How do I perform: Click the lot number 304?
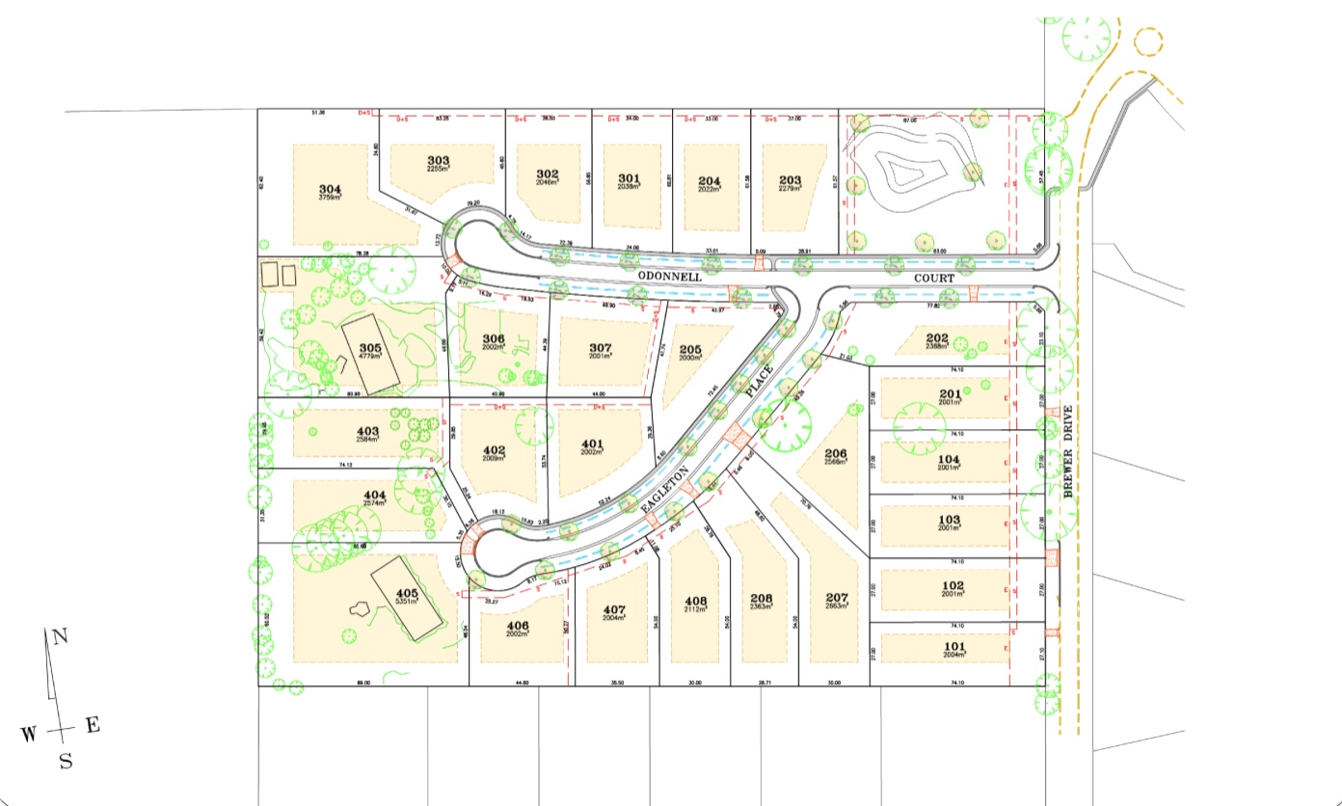coord(329,190)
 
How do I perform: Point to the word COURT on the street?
coord(934,278)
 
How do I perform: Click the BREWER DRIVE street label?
coord(1067,452)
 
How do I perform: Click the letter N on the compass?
coord(60,636)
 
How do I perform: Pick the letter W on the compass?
coord(29,735)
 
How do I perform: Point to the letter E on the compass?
coord(93,726)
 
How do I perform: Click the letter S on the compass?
coord(66,762)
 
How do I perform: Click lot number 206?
coord(835,453)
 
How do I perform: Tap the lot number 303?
coord(439,160)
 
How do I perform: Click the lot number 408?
coord(695,601)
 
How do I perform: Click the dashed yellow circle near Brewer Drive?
coord(1148,41)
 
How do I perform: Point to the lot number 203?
coord(790,179)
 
